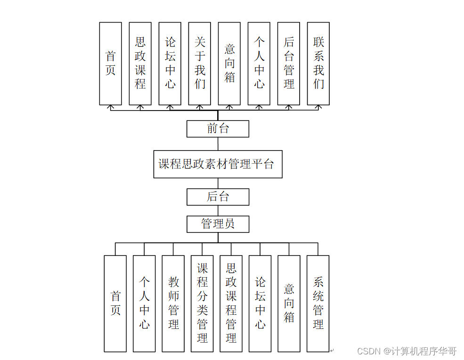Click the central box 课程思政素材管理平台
(x=218, y=164)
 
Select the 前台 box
(x=218, y=128)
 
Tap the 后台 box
(x=218, y=197)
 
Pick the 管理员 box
(x=218, y=224)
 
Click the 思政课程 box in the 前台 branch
(x=140, y=64)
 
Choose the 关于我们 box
(x=200, y=64)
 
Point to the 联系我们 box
(x=318, y=64)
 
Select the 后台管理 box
(x=289, y=64)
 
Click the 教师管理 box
(x=173, y=304)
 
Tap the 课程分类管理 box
(x=203, y=304)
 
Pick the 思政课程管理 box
(x=231, y=304)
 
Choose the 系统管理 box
(x=318, y=304)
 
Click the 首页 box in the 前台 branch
(x=111, y=64)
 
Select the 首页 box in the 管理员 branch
(x=115, y=304)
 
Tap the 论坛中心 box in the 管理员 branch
(x=260, y=304)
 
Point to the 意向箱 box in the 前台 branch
(x=229, y=64)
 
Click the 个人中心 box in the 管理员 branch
(x=144, y=304)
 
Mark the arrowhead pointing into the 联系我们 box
(x=318, y=107)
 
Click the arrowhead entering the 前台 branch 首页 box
(x=111, y=107)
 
